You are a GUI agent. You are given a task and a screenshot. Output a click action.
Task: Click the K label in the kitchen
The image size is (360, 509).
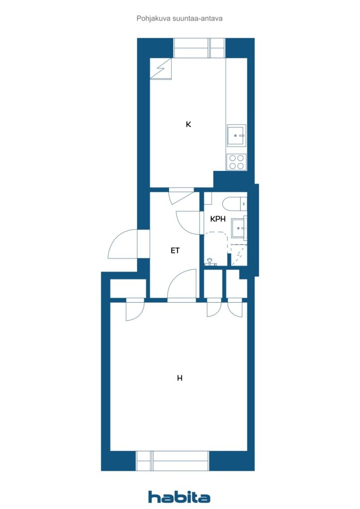pyautogui.click(x=188, y=124)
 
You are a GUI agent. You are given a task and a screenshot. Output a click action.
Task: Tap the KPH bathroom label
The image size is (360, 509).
pyautogui.click(x=218, y=218)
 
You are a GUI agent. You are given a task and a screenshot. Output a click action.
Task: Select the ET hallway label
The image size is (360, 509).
pyautogui.click(x=175, y=251)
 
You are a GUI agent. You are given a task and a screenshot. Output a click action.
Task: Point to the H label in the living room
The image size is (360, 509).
pyautogui.click(x=180, y=378)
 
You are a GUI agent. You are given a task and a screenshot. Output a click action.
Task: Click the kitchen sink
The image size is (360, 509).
pyautogui.click(x=236, y=135)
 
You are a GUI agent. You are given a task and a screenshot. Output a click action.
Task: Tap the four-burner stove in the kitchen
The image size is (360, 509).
pyautogui.click(x=236, y=162)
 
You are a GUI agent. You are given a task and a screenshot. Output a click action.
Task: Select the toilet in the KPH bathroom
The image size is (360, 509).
pyautogui.click(x=235, y=203)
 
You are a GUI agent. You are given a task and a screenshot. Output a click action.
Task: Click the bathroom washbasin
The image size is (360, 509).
pyautogui.click(x=239, y=228)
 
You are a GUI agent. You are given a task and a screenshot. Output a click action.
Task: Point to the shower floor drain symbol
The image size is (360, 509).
pyautogui.click(x=210, y=260)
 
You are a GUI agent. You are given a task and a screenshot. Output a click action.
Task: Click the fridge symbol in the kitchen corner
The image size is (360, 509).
pyautogui.click(x=161, y=68)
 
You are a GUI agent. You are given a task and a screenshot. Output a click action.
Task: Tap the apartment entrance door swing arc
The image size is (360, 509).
pyautogui.click(x=122, y=244)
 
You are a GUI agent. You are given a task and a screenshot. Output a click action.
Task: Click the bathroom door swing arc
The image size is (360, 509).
pyautogui.click(x=189, y=222)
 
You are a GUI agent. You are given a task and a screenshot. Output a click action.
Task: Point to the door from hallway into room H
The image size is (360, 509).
pyautogui.click(x=182, y=286)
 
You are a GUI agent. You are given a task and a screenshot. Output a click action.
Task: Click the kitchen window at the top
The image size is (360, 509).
pyautogui.click(x=199, y=48)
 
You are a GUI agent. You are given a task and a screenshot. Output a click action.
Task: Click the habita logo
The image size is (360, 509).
pyautogui.click(x=179, y=497)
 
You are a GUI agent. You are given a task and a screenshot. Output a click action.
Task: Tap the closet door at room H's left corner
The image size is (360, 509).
pyautogui.click(x=134, y=311)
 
